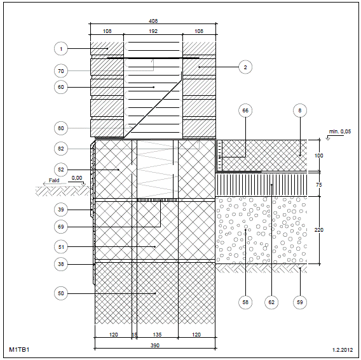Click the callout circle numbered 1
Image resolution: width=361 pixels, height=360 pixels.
click(x=61, y=49)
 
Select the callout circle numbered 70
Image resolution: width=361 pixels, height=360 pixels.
click(x=61, y=71)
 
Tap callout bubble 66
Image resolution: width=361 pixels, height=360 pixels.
click(x=245, y=110)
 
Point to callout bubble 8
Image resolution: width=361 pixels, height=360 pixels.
click(x=300, y=110)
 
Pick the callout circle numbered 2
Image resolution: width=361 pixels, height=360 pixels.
click(x=245, y=67)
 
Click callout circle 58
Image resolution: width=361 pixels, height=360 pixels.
click(x=245, y=302)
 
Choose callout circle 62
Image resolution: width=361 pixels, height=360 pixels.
click(x=271, y=302)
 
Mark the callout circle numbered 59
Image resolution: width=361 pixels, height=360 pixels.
click(x=300, y=302)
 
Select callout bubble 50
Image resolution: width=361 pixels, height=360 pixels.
click(x=61, y=293)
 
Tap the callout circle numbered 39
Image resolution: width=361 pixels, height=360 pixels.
click(x=61, y=210)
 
